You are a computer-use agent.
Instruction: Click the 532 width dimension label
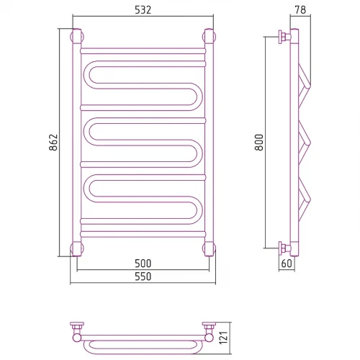pyautogui.click(x=143, y=10)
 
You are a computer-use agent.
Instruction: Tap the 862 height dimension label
pyautogui.click(x=53, y=143)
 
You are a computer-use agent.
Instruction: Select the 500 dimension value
pyautogui.click(x=143, y=264)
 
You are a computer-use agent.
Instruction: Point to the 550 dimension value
pyautogui.click(x=143, y=276)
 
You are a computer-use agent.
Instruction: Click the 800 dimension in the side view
pyautogui.click(x=259, y=143)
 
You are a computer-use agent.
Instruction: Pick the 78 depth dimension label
pyautogui.click(x=300, y=10)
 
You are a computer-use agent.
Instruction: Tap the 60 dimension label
pyautogui.click(x=287, y=264)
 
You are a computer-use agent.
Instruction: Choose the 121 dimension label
pyautogui.click(x=223, y=338)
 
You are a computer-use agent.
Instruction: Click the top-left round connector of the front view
pyautogui.click(x=77, y=37)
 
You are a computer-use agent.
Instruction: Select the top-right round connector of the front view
pyautogui.click(x=209, y=37)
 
